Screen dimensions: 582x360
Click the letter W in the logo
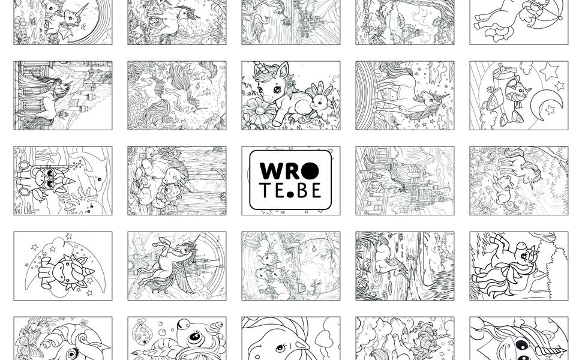coord(271,171)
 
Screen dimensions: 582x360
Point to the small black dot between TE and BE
coord(290,194)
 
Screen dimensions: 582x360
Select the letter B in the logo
coord(302,190)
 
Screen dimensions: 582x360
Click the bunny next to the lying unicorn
coord(319,100)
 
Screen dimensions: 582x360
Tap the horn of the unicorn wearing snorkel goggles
coord(68,182)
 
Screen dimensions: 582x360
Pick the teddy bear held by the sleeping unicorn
coord(166,194)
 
